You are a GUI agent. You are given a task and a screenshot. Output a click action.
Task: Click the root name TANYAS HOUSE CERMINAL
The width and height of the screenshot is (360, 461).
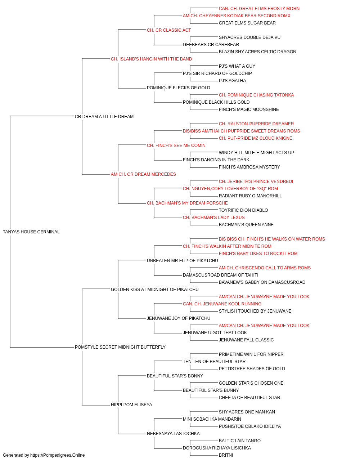[31, 232]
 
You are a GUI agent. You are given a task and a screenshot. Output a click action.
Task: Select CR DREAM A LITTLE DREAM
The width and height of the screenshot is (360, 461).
[104, 117]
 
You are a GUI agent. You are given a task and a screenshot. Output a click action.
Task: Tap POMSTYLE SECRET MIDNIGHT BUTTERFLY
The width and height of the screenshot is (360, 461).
[120, 347]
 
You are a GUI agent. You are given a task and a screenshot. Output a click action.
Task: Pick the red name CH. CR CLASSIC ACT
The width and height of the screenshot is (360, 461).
[169, 30]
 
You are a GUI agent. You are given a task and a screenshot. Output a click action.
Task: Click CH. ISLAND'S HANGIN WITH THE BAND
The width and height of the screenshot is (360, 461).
[151, 59]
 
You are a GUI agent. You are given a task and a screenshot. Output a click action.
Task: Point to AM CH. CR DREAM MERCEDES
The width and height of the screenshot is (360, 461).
[143, 174]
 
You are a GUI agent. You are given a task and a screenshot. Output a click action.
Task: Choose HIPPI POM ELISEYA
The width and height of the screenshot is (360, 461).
[131, 405]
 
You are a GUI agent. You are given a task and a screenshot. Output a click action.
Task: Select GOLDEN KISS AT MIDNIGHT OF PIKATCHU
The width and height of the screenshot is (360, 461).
[154, 290]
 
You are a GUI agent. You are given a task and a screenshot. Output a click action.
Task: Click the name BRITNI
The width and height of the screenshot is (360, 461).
[226, 455]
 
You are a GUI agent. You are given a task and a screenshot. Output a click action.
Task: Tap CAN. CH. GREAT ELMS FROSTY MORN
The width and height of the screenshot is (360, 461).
[259, 9]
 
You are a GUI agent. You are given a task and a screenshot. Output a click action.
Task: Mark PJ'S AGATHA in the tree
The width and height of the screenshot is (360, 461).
[232, 81]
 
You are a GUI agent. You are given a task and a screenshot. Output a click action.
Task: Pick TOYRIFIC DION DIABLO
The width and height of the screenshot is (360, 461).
[243, 210]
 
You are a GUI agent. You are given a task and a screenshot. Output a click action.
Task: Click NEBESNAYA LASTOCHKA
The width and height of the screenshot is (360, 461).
[173, 434]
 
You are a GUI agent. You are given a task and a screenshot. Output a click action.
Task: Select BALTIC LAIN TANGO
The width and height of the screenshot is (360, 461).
[239, 441]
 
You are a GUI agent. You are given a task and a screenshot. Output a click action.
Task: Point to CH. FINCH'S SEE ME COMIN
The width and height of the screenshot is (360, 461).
[176, 146]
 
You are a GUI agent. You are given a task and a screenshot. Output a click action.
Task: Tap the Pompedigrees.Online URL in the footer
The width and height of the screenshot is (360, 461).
[58, 455]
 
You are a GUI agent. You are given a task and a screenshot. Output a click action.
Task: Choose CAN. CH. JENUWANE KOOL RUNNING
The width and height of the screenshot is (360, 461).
[222, 304]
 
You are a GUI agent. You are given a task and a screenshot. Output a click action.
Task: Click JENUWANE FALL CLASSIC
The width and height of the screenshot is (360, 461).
[246, 340]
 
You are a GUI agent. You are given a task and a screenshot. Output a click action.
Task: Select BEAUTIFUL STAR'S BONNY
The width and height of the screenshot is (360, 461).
[175, 376]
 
